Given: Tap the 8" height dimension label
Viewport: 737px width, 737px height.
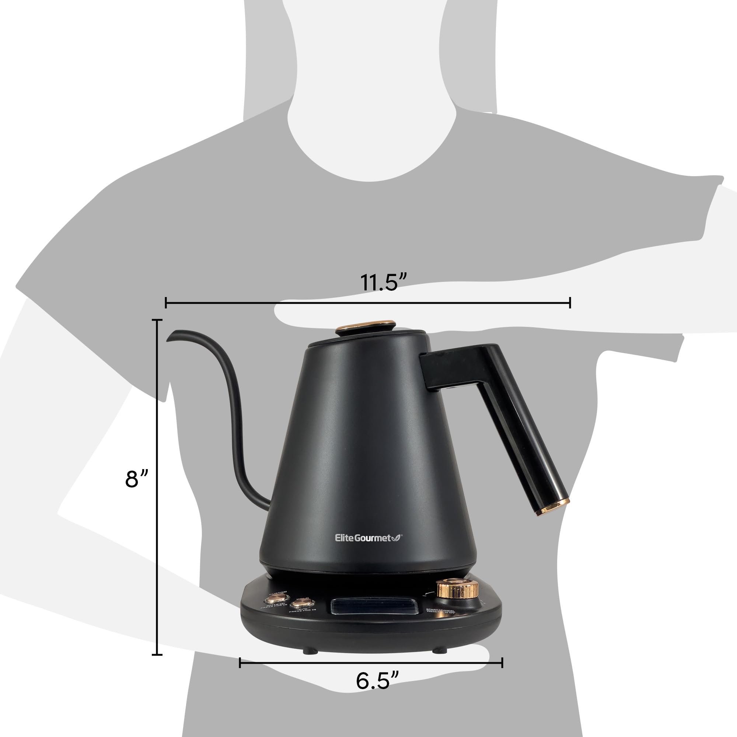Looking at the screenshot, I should pos(136,479).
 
